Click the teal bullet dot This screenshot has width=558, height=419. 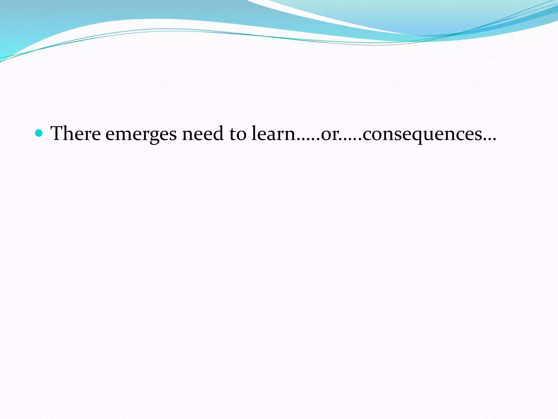pos(39,133)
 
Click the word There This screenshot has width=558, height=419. pos(75,133)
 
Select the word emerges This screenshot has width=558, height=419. pos(141,134)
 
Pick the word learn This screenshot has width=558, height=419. pos(274,133)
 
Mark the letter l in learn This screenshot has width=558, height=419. pos(254,133)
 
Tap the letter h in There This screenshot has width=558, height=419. pos(71,133)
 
